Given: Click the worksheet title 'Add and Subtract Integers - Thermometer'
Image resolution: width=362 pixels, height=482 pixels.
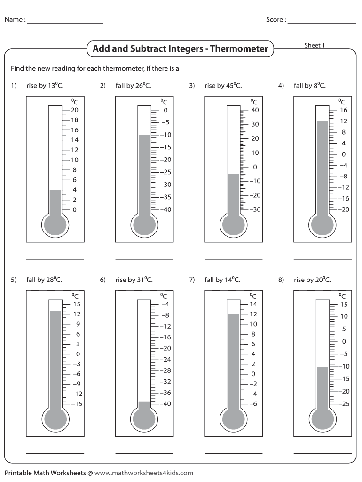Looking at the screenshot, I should tap(180, 49).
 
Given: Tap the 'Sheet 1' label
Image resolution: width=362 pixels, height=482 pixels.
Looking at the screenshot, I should tap(315, 45).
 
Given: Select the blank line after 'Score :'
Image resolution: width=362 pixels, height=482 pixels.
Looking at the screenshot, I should tap(322, 23).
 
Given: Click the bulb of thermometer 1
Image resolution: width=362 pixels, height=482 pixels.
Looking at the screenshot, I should tap(55, 225).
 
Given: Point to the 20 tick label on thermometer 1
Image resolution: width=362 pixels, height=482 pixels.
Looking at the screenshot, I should tap(74, 110).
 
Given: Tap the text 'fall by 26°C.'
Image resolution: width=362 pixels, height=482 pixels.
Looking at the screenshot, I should tap(133, 86).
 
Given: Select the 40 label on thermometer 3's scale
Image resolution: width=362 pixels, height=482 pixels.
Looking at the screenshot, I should tap(255, 110).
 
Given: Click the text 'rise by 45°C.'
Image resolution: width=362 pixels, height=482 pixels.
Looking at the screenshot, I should tap(223, 86).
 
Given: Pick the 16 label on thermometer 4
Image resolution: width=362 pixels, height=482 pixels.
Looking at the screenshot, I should tap(343, 110).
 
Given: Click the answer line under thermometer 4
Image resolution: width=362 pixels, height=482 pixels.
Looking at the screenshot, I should tap(322, 259).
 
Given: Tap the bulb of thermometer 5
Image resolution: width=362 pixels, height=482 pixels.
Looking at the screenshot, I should tap(55, 418).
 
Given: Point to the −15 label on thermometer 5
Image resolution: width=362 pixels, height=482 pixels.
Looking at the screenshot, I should tap(75, 403).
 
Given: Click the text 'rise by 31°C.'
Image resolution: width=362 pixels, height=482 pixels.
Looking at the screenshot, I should tap(133, 280).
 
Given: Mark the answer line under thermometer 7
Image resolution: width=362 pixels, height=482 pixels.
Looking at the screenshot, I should tap(233, 453).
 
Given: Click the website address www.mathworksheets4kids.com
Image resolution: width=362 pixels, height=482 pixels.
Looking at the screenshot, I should tap(143, 473).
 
